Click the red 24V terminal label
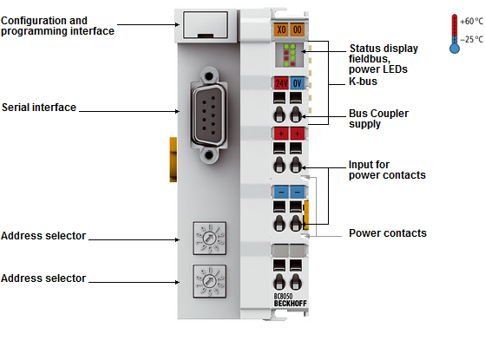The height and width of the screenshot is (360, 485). point(281,83)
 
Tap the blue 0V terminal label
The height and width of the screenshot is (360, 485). point(298,83)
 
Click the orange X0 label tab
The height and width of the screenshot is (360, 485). point(281,29)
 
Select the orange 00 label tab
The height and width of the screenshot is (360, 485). point(298,29)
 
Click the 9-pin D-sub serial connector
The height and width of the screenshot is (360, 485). point(209,116)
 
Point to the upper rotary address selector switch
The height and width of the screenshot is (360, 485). point(209,239)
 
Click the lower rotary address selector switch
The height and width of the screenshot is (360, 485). point(209,281)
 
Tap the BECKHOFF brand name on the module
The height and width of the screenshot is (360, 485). point(290,304)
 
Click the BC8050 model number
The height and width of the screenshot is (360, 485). point(283,297)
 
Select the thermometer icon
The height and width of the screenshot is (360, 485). point(455,34)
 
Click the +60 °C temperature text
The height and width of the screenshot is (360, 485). point(472,21)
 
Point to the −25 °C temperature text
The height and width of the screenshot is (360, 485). point(472,39)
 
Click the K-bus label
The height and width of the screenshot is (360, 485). point(363,82)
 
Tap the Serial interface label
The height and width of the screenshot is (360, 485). point(39,108)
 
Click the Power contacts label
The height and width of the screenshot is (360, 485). point(388,233)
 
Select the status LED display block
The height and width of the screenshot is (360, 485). point(289,55)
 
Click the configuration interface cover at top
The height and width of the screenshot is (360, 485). point(206,25)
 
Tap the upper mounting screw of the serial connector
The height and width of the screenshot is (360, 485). point(209,76)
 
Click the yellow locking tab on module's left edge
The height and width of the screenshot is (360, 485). point(174,160)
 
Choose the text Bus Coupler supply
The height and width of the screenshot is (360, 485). point(378,119)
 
